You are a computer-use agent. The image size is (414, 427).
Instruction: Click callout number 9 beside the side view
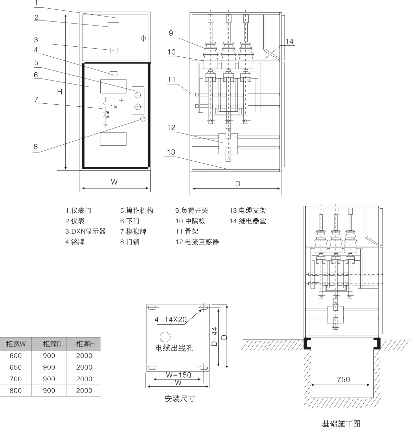(x=171, y=33)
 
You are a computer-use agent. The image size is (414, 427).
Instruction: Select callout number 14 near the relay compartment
(x=289, y=41)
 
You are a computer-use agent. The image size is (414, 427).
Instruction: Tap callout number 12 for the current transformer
(x=171, y=128)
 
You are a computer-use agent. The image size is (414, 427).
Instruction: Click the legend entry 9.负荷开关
(x=191, y=211)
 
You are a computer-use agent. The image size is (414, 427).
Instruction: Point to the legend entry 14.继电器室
(x=247, y=221)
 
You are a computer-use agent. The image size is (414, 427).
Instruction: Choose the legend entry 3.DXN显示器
(x=85, y=232)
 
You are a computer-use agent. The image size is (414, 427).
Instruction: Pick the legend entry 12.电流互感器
(x=197, y=242)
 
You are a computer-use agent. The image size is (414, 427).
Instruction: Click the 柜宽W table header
(x=16, y=344)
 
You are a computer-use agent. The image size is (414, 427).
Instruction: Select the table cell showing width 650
(x=16, y=367)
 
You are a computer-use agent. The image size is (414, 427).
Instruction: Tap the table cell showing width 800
(x=16, y=391)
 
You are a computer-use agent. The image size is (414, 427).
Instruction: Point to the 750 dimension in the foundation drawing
(x=343, y=380)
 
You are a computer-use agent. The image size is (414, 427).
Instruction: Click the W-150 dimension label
(x=179, y=375)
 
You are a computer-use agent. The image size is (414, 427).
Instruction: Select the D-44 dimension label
(x=215, y=337)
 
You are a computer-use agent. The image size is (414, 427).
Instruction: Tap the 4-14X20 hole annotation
(x=170, y=320)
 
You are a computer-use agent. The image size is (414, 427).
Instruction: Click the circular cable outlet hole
(x=165, y=337)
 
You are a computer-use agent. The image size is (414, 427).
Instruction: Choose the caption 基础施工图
(x=341, y=423)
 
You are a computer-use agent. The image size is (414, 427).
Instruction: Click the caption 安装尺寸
(x=180, y=399)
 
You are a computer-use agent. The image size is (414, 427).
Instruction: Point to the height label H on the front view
(x=60, y=92)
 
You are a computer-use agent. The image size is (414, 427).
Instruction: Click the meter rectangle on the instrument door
(x=113, y=27)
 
